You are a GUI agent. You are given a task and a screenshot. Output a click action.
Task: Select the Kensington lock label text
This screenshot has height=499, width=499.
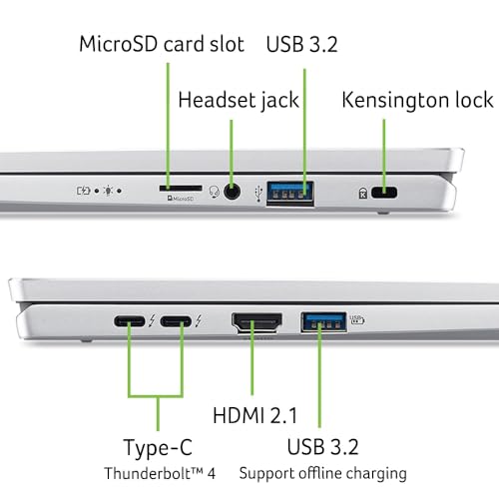pyautogui.click(x=417, y=100)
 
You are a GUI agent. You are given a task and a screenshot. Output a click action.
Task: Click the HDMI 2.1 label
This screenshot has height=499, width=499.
pyautogui.click(x=261, y=414)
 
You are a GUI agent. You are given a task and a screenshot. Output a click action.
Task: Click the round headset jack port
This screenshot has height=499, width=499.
pyautogui.click(x=234, y=191)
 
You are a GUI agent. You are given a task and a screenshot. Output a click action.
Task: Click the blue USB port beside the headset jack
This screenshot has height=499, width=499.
pyautogui.click(x=290, y=191)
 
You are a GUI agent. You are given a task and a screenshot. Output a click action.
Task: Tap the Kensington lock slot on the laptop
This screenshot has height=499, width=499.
pyautogui.click(x=383, y=193)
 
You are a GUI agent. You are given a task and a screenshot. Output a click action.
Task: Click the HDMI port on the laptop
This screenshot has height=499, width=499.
pyautogui.click(x=256, y=322)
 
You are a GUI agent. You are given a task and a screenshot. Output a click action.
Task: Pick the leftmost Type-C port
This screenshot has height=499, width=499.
pyautogui.click(x=128, y=322)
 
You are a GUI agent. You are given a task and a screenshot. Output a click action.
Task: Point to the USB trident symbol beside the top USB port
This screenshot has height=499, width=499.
pyautogui.click(x=259, y=190)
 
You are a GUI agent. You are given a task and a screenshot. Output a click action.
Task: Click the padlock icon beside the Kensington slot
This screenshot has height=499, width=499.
pyautogui.click(x=360, y=193)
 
